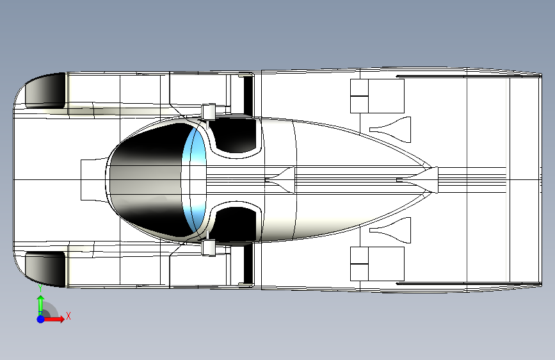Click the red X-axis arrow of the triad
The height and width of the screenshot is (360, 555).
point(56,318)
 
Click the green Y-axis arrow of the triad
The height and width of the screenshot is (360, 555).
point(40,304)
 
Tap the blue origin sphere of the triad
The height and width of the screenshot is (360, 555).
point(40,318)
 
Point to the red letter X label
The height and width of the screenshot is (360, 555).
point(68,316)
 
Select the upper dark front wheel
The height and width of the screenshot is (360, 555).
point(46,90)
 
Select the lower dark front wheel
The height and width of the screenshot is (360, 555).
point(46,268)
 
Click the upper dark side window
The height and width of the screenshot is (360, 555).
point(235,136)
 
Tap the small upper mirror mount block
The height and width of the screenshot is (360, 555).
point(207,111)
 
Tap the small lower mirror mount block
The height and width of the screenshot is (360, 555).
point(207,247)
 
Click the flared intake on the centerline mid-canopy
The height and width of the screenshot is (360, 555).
point(282,180)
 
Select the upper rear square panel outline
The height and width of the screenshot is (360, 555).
point(378,96)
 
